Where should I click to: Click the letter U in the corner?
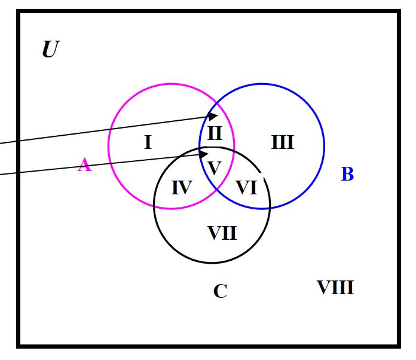(50, 50)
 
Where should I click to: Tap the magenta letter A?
(84, 164)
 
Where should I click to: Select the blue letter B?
(347, 175)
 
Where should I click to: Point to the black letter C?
(220, 291)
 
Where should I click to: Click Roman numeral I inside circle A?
(148, 142)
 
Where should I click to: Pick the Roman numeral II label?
(215, 133)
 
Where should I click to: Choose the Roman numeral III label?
(282, 142)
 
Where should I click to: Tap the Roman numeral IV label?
(181, 188)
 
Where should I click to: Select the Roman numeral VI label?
(246, 188)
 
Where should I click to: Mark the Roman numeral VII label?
(222, 233)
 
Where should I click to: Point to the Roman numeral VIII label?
(335, 288)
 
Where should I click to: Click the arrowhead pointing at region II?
(213, 115)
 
